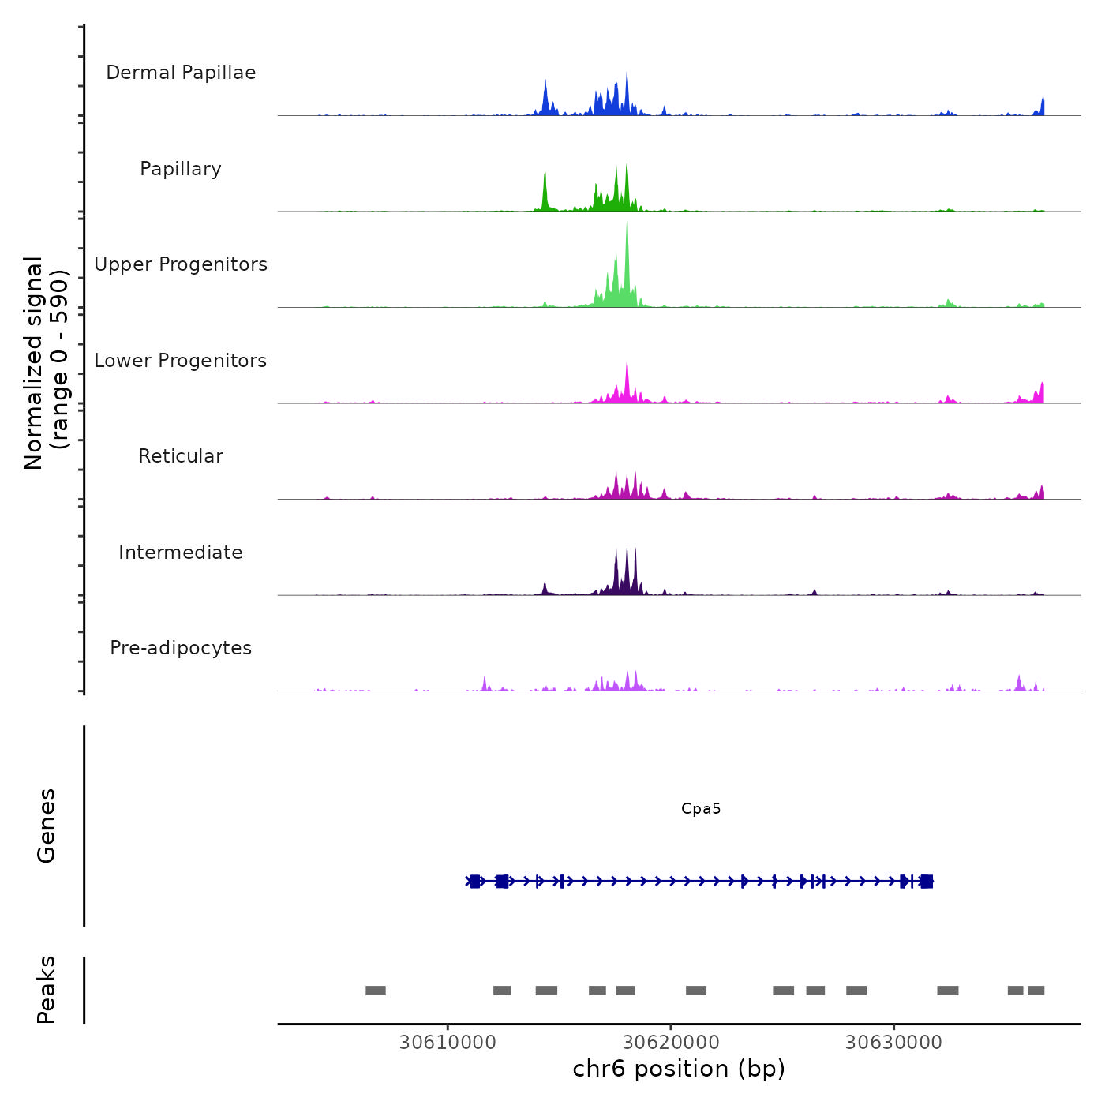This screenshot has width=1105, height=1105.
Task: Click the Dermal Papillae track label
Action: pyautogui.click(x=181, y=73)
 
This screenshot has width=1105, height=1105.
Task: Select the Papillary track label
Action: pyautogui.click(x=181, y=169)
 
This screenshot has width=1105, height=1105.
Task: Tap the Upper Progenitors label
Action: pyautogui.click(x=181, y=264)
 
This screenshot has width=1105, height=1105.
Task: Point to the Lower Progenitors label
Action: pyautogui.click(x=181, y=361)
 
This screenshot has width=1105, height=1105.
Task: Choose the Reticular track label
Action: pyautogui.click(x=181, y=456)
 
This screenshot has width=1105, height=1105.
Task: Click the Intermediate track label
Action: pyautogui.click(x=181, y=552)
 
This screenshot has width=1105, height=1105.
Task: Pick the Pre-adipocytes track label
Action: pyautogui.click(x=181, y=648)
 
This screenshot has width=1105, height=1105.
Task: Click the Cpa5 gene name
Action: pyautogui.click(x=701, y=809)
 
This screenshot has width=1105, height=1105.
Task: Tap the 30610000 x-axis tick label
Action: pyautogui.click(x=448, y=1043)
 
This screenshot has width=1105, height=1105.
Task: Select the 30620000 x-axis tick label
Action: pyautogui.click(x=671, y=1043)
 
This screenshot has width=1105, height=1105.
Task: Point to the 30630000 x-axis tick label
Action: pyautogui.click(x=893, y=1043)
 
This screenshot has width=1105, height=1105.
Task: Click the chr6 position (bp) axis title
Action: pyautogui.click(x=679, y=1069)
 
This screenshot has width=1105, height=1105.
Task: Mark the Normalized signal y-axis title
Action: pyautogui.click(x=46, y=363)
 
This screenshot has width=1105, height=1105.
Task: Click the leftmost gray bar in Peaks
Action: pyautogui.click(x=376, y=991)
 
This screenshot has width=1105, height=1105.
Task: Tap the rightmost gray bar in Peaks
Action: pyautogui.click(x=1036, y=991)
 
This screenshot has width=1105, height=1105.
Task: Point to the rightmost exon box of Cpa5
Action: pyautogui.click(x=927, y=881)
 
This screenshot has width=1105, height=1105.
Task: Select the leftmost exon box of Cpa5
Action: pyautogui.click(x=475, y=881)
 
